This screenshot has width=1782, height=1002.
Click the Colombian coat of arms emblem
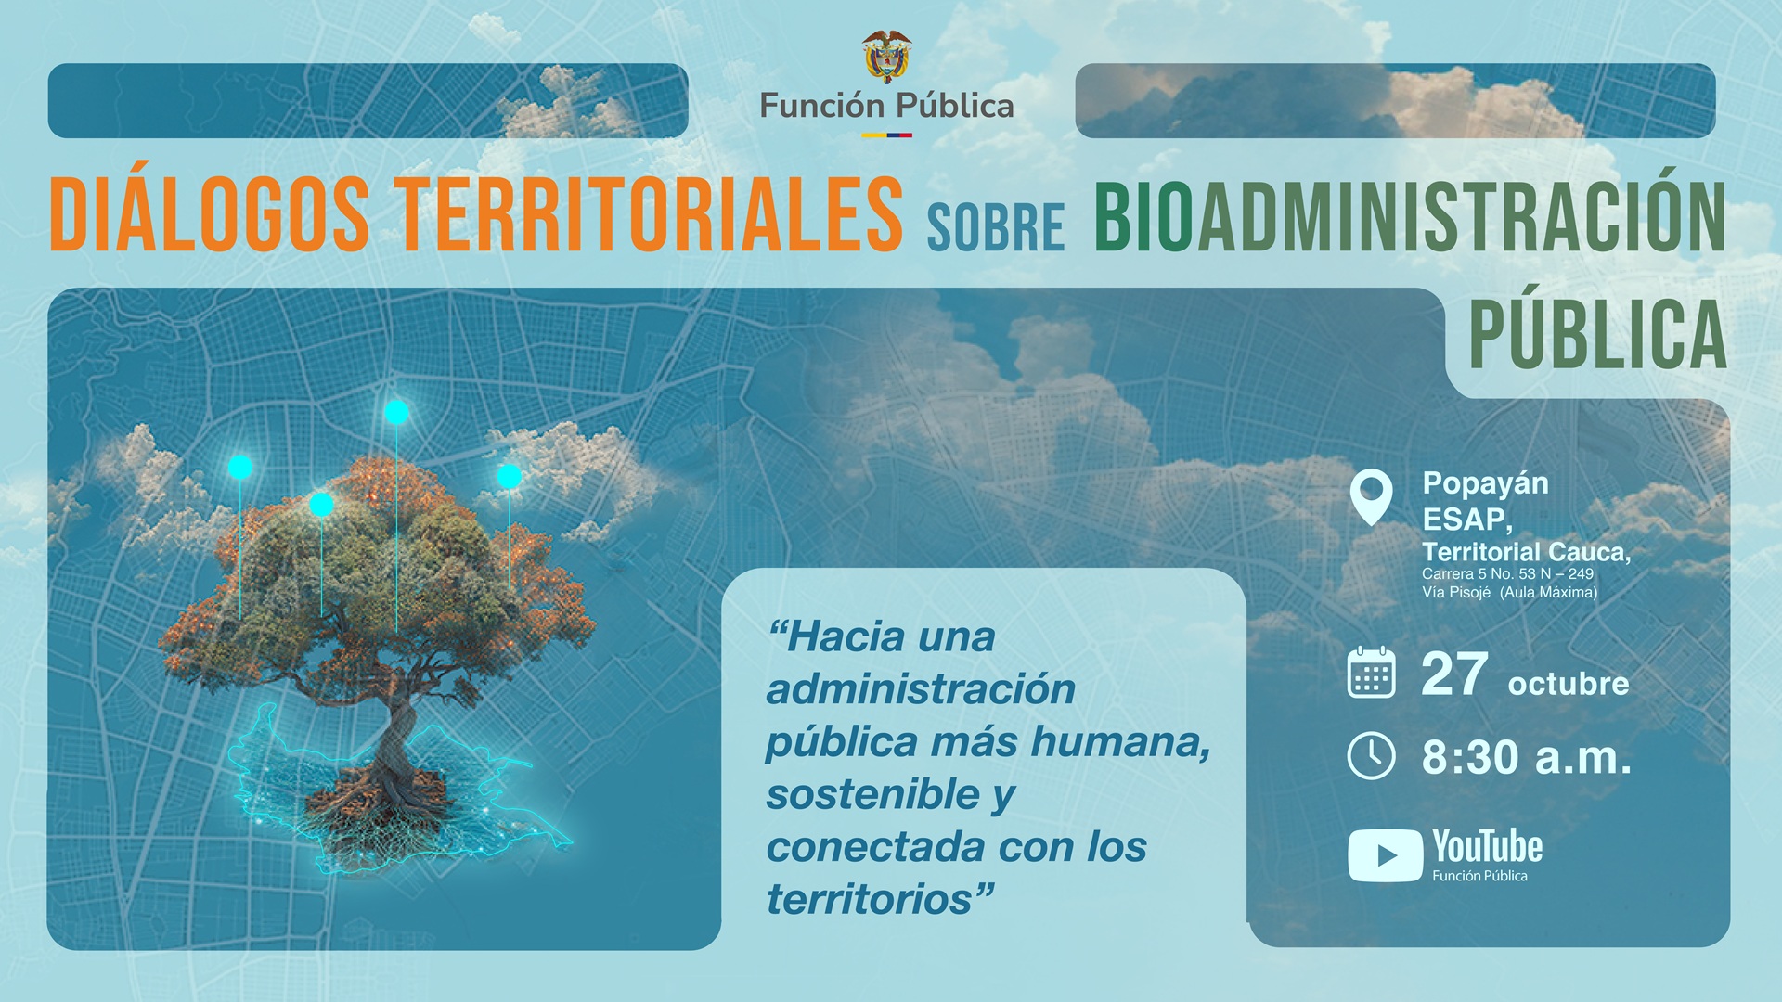pyautogui.click(x=886, y=57)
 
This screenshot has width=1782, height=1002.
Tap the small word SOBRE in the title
pyautogui.click(x=996, y=228)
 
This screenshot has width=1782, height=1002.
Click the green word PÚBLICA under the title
pyautogui.click(x=1597, y=334)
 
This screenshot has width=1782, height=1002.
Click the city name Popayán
pyautogui.click(x=1485, y=484)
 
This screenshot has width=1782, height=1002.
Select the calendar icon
pyautogui.click(x=1371, y=672)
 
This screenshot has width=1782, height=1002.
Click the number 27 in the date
pyautogui.click(x=1454, y=674)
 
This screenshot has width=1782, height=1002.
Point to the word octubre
pyautogui.click(x=1569, y=684)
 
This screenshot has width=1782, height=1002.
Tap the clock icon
pyautogui.click(x=1371, y=756)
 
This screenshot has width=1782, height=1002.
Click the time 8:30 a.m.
pyautogui.click(x=1526, y=757)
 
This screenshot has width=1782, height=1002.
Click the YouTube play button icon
pyautogui.click(x=1385, y=854)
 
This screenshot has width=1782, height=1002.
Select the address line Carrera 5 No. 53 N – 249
pyautogui.click(x=1507, y=574)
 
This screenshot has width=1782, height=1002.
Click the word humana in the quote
pyautogui.click(x=1120, y=742)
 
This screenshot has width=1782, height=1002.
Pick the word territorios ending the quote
pyautogui.click(x=880, y=899)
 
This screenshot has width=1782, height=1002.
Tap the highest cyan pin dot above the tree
pyautogui.click(x=397, y=412)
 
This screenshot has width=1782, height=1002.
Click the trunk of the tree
pyautogui.click(x=399, y=733)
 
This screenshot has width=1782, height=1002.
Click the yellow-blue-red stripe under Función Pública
pyautogui.click(x=886, y=135)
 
